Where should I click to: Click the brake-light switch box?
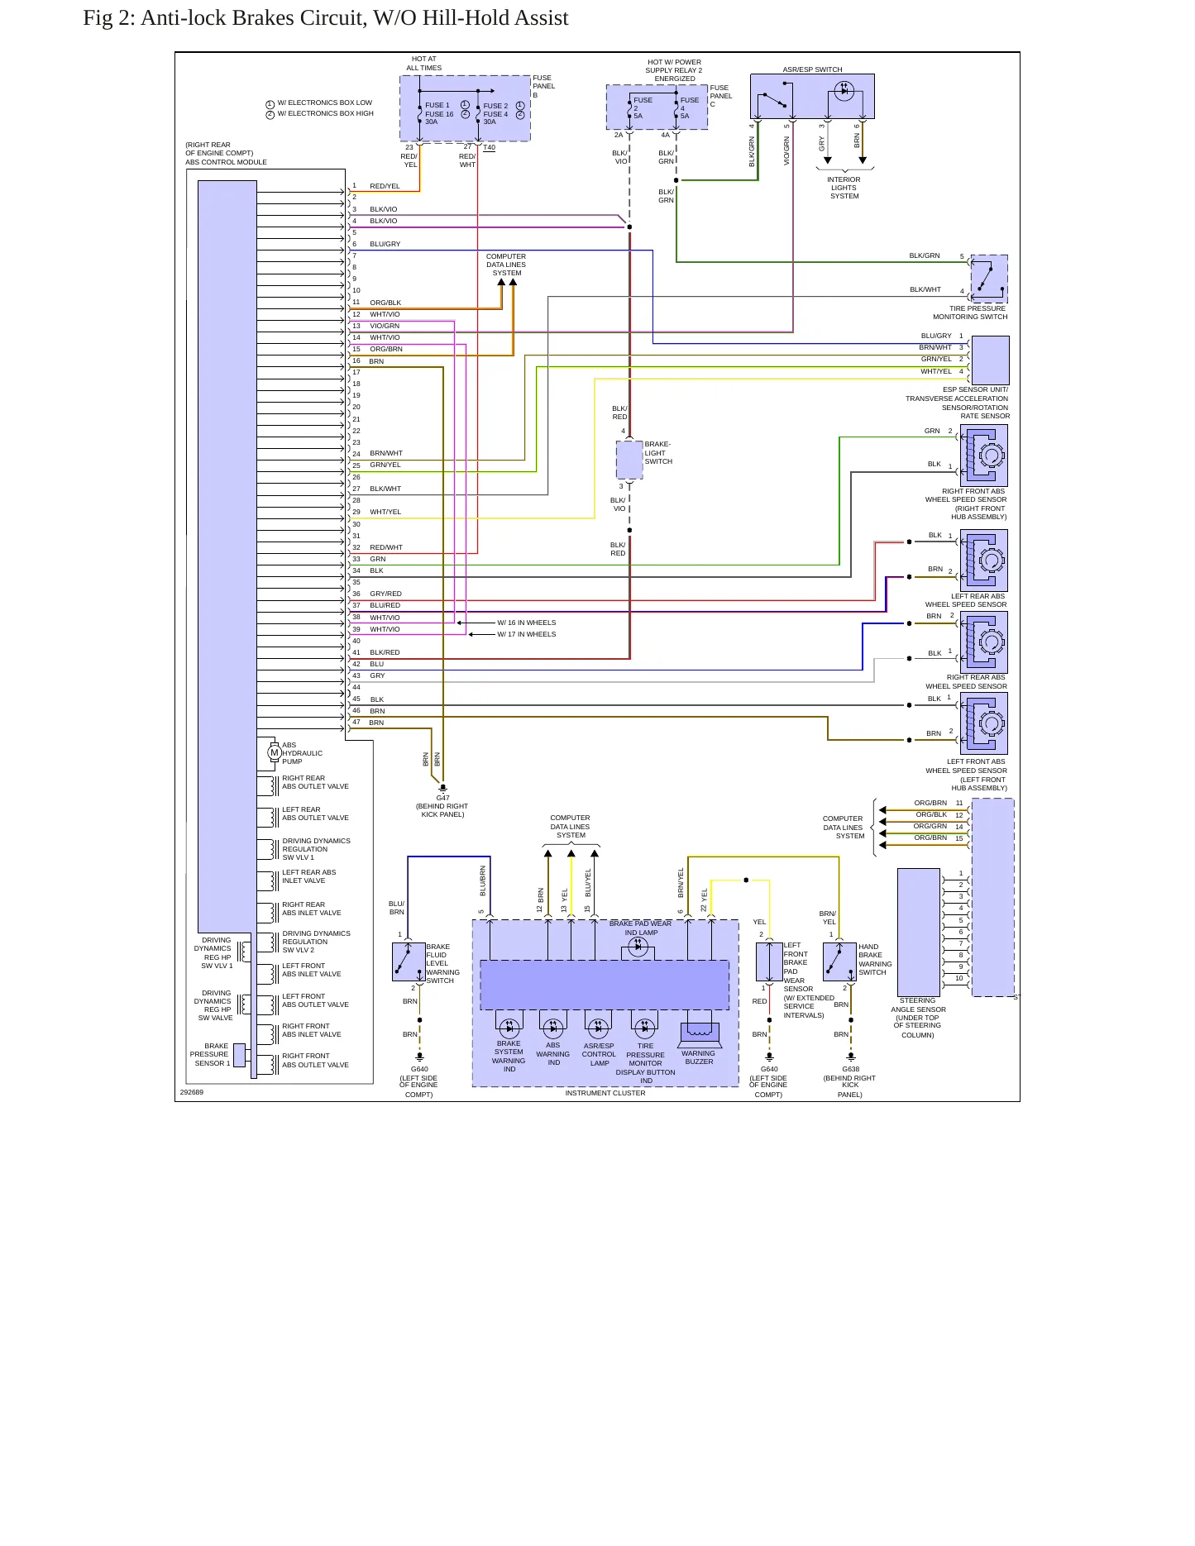[629, 460]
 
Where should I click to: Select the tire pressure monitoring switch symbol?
[989, 279]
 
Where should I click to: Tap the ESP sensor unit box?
[991, 360]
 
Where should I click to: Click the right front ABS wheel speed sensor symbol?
[984, 456]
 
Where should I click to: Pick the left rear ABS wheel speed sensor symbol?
[984, 561]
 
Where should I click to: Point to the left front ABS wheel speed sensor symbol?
[984, 723]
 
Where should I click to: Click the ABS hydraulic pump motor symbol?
[275, 752]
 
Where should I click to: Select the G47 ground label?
[443, 798]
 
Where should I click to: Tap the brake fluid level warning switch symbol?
[409, 962]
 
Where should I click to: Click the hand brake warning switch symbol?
[839, 962]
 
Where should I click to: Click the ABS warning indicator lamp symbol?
[553, 1028]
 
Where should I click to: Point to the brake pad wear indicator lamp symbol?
[638, 947]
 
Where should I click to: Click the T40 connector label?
[490, 148]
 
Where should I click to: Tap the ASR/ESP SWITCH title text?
[813, 69]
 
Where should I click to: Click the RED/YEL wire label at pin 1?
[385, 186]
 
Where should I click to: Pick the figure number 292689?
[192, 1092]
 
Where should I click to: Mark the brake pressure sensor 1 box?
[239, 1055]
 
